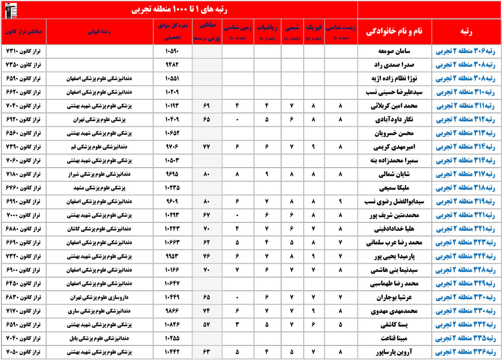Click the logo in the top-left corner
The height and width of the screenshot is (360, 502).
pyautogui.click(x=9, y=9)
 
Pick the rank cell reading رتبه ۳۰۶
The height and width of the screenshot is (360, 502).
pyautogui.click(x=466, y=51)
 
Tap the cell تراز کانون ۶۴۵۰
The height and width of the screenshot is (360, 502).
pyautogui.click(x=25, y=284)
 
